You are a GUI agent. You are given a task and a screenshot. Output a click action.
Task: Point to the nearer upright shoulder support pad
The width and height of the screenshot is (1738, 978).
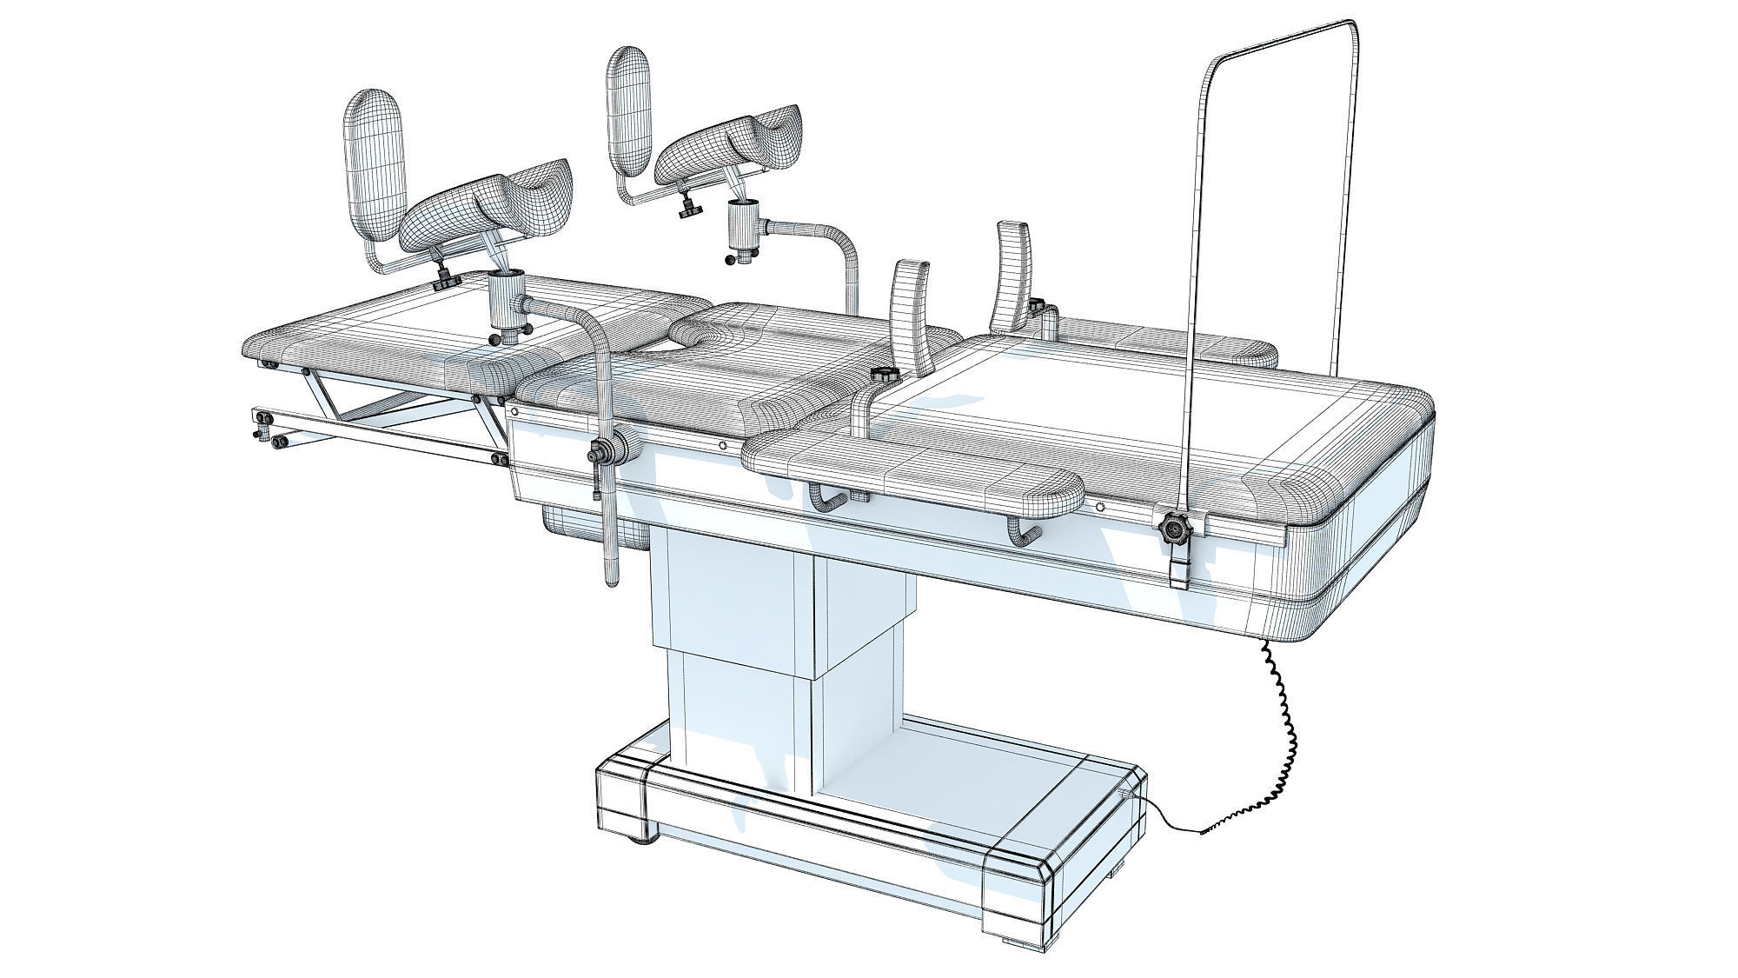tap(911, 313)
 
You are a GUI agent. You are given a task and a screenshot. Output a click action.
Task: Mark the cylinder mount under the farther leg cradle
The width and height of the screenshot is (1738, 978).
tap(742, 226)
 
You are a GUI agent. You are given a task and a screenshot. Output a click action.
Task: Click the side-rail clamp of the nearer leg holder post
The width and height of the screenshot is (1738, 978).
tap(608, 451)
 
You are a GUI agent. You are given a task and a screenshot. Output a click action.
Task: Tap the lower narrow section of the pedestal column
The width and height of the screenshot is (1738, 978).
tap(739, 704)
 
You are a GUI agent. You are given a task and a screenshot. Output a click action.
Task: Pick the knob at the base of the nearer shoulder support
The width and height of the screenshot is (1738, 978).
tap(886, 376)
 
